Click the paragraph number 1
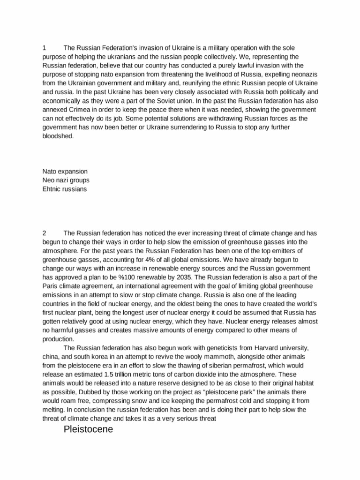coord(44,48)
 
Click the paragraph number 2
coord(44,232)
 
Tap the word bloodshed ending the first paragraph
coord(57,136)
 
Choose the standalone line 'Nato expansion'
coord(65,172)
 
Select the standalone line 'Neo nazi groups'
coord(66,180)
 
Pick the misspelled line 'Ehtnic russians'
coord(65,189)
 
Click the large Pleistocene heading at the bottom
coord(88,429)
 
